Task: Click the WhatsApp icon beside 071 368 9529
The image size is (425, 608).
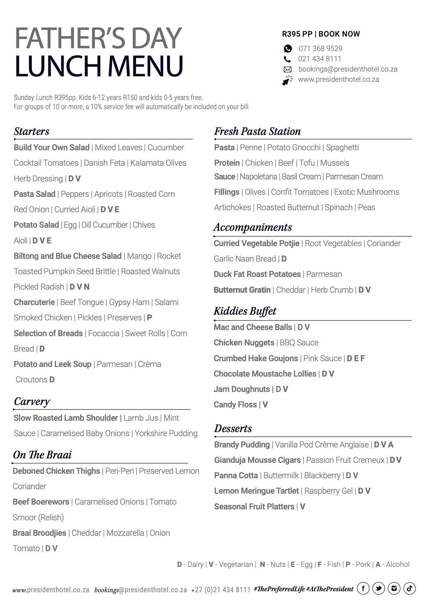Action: pos(288,49)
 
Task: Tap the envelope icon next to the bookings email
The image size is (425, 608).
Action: pos(287,69)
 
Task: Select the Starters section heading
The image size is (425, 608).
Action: pos(32,131)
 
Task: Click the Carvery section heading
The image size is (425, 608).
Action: pos(32,401)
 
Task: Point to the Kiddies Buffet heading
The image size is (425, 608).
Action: pos(245,311)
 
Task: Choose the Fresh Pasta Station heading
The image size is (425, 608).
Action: pos(257,131)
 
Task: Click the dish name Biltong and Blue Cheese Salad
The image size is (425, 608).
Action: pos(68,256)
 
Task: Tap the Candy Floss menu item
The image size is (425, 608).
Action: pos(235,405)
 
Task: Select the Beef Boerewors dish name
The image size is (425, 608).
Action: pos(41,502)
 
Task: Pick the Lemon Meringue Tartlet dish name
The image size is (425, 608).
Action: pos(256,491)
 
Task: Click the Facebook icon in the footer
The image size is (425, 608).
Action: pos(363,588)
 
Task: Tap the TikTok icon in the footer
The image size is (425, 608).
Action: pos(409,588)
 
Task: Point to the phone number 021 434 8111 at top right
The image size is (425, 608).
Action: pos(319,59)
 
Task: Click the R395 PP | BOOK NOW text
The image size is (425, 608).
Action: pos(321,34)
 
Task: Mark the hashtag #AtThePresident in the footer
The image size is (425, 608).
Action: pos(330,589)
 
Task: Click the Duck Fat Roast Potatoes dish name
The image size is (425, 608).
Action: pos(257,274)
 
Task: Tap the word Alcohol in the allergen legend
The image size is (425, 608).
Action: pos(398,565)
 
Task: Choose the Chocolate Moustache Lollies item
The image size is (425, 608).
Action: pos(265,374)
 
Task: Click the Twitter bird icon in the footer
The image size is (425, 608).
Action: pos(378,588)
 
